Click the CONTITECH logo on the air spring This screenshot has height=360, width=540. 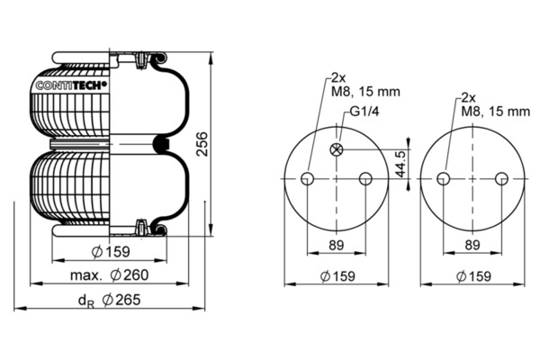tap(71, 85)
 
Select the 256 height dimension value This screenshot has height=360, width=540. tap(202, 144)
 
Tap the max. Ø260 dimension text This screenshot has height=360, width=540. tap(109, 274)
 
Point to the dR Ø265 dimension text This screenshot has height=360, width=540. tap(109, 300)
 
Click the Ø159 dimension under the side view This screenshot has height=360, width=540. tap(111, 252)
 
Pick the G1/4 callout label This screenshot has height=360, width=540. tap(364, 112)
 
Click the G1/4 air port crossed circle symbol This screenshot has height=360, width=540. tap(337, 149)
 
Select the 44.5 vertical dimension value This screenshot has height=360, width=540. tap(400, 164)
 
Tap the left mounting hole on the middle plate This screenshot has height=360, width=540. tap(307, 179)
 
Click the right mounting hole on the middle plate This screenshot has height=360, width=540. tap(365, 179)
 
